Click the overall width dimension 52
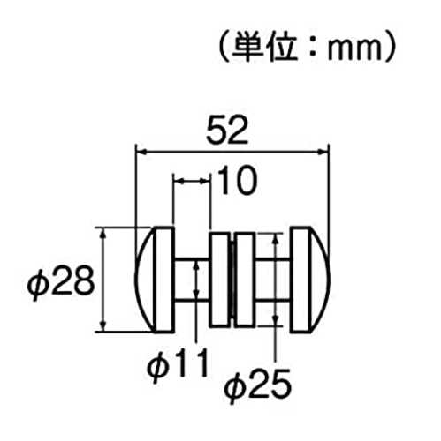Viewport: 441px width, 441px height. pos(227,131)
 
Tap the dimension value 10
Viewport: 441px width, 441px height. pos(238,180)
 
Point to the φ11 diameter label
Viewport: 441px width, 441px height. pos(178,364)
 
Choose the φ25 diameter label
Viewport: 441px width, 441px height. pos(257,385)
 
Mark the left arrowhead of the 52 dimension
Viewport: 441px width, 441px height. pos(141,152)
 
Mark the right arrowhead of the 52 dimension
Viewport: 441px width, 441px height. pos(323,152)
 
